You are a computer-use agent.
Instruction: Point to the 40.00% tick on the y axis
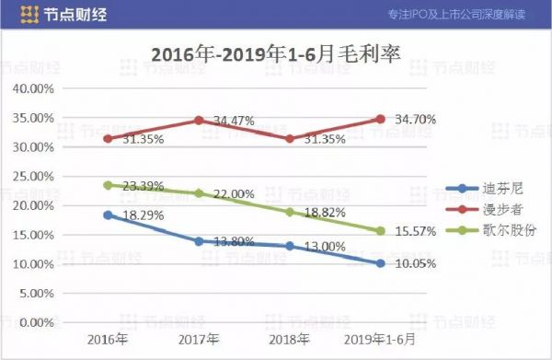[32, 88]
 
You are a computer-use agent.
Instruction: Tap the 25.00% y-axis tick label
[32, 176]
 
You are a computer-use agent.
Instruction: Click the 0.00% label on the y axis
[35, 322]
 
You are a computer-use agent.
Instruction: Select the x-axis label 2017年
[199, 340]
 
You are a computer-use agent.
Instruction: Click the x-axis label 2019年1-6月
[381, 340]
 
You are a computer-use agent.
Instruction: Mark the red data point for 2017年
[199, 121]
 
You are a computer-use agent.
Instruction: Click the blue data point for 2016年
[108, 215]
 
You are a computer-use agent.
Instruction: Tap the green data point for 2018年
[290, 212]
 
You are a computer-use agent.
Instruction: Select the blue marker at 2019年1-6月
[381, 263]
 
